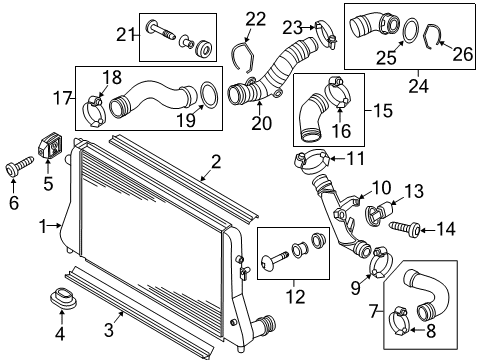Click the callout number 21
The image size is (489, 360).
pyautogui.click(x=125, y=34)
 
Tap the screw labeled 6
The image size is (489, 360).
pyautogui.click(x=19, y=166)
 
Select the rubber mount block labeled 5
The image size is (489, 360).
pyautogui.click(x=50, y=145)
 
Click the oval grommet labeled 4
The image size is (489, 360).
pyautogui.click(x=63, y=297)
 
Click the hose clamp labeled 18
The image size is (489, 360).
pyautogui.click(x=94, y=112)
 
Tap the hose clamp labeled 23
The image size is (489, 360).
pyautogui.click(x=326, y=35)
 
